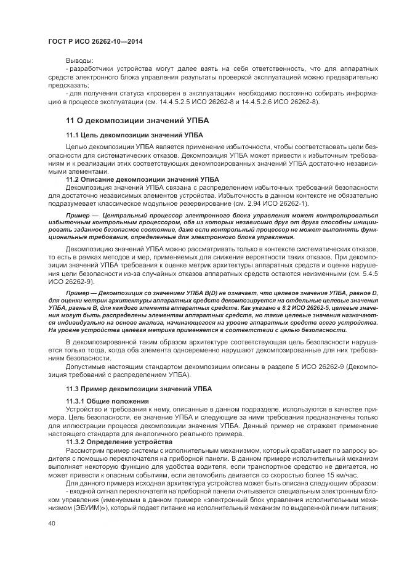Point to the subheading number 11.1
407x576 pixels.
coord(73,134)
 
